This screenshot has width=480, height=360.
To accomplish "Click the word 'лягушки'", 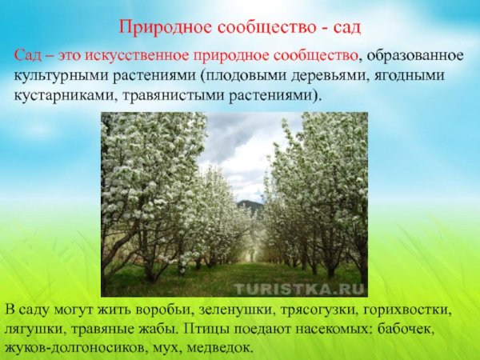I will coord(40,329).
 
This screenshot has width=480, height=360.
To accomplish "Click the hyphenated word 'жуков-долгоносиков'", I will coord(80,347).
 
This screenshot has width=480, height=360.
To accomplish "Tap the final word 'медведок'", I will coord(226,347).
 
